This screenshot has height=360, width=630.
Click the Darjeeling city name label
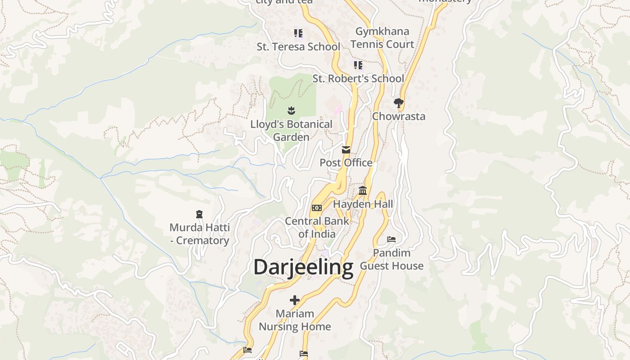303,267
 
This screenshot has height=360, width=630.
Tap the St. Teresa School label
298,47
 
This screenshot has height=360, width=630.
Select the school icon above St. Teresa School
298,33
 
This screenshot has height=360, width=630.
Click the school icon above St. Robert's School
358,65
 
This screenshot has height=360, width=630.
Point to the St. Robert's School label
358,79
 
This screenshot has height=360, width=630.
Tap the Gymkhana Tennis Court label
382,38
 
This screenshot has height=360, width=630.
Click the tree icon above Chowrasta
398,103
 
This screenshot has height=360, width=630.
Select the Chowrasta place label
398,116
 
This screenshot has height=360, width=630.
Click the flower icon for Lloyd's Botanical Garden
291,111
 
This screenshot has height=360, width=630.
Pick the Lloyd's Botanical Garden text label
291,130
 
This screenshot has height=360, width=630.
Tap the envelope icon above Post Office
346,150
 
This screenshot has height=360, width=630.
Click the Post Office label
346,163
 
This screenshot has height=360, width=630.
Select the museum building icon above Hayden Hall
363,191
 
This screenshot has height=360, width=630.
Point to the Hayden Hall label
363,204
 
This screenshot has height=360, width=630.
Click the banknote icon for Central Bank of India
317,208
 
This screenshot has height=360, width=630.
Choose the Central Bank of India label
317,227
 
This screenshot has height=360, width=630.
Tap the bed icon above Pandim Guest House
391,239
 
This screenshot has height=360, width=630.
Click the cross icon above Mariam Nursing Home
295,300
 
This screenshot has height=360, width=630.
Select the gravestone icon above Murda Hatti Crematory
199,214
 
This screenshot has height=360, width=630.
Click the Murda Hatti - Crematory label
199,234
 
